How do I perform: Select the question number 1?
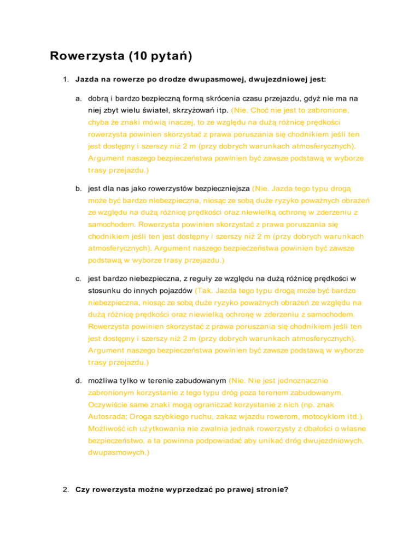pos(65,79)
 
